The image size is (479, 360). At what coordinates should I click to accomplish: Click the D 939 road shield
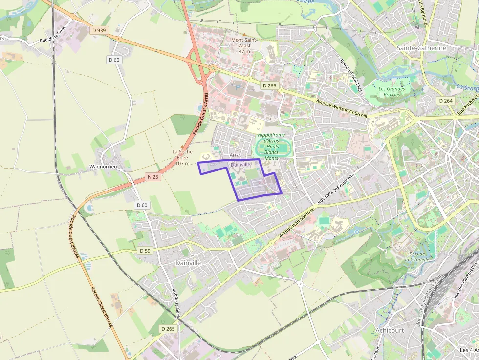[98, 30]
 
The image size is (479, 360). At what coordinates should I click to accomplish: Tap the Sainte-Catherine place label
[421, 48]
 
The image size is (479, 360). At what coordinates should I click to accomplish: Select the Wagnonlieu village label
[102, 167]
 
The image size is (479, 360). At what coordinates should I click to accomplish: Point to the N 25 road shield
[152, 177]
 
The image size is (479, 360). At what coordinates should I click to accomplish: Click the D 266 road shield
[269, 85]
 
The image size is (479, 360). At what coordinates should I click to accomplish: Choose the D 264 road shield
[445, 101]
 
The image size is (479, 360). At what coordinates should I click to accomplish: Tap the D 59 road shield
[145, 251]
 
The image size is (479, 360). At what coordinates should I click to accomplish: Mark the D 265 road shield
[168, 329]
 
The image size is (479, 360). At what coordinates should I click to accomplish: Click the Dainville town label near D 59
[188, 263]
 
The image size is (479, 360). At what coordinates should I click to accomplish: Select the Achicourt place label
[390, 330]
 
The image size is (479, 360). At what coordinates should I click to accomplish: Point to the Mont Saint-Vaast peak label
[244, 45]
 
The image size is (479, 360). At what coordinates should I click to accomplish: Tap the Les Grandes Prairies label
[392, 92]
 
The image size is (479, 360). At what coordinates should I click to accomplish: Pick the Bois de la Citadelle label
[417, 257]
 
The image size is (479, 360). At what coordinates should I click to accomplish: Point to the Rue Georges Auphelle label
[335, 188]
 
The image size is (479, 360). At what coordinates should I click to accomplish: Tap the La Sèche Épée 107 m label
[182, 157]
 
